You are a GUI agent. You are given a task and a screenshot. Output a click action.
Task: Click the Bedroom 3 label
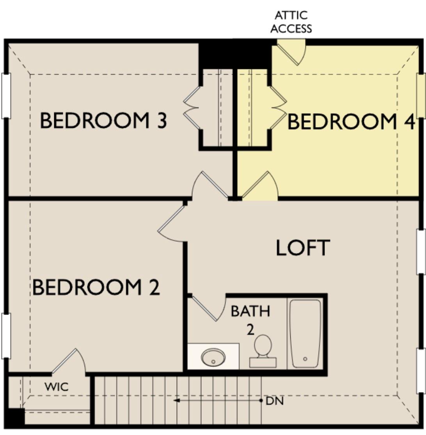pos(103,121)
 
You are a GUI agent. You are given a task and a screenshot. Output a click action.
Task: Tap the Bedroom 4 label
pos(350,122)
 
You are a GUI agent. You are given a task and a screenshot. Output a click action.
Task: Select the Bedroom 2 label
pos(96,288)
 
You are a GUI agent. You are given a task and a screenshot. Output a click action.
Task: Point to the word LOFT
pos(303,248)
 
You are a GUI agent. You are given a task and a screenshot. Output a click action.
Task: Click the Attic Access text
pos(291,22)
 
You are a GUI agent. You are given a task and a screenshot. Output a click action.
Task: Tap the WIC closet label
pos(56,387)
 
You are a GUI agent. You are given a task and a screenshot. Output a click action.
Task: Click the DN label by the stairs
pos(275,401)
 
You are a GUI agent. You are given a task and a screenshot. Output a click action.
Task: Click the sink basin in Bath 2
pos(213,356)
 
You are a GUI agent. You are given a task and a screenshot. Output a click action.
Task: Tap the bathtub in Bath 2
pos(305,333)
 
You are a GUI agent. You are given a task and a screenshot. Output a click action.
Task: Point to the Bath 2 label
pos(250,320)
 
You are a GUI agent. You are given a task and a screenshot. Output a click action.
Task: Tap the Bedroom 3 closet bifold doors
pos(192,107)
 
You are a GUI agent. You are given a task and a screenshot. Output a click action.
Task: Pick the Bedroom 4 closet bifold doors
pos(279,107)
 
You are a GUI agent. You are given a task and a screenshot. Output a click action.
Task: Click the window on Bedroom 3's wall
pos(5,95)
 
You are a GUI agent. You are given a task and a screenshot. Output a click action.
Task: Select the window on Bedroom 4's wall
pos(421,95)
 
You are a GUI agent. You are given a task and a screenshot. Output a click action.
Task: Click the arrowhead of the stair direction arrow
pos(177,400)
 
